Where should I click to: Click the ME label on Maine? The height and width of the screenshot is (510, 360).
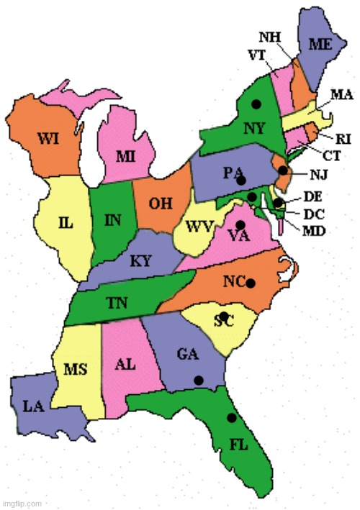320,44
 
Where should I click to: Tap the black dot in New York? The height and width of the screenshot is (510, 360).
256,104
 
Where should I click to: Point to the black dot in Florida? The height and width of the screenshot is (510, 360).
231,417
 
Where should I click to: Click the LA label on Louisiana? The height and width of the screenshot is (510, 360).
33,406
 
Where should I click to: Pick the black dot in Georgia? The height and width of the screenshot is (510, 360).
198,379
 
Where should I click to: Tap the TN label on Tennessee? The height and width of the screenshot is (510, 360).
117,303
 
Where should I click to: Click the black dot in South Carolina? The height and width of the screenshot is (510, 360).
224,316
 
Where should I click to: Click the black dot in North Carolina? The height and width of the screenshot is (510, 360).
250,283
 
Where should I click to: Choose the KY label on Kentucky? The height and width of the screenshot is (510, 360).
140,261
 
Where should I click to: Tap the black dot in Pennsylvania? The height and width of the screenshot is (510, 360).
242,179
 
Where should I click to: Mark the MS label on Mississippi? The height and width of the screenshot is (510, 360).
76,369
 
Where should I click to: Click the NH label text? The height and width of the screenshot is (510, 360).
270,37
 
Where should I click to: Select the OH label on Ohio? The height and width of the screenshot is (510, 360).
160,204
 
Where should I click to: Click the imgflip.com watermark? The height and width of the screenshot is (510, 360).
22,504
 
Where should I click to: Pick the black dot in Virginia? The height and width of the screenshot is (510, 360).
241,225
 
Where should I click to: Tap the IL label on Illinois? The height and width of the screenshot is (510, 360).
66,222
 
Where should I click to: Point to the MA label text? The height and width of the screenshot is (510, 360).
341,94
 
